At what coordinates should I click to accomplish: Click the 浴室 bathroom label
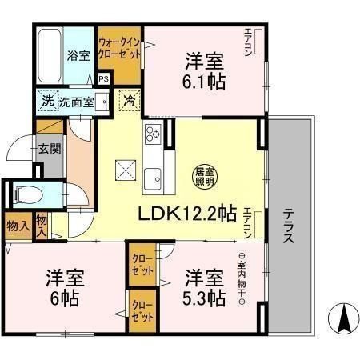click(x=78, y=57)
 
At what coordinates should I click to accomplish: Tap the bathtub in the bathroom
click(x=49, y=54)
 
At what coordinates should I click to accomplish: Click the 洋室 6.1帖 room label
click(x=205, y=70)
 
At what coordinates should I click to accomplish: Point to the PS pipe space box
click(x=103, y=79)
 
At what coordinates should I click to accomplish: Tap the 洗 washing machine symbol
click(x=47, y=102)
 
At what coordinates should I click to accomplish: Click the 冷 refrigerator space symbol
click(x=128, y=102)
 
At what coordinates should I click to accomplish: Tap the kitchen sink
click(x=152, y=178)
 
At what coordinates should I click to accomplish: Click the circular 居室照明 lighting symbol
click(x=205, y=174)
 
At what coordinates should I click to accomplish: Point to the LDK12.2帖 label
click(x=188, y=214)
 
